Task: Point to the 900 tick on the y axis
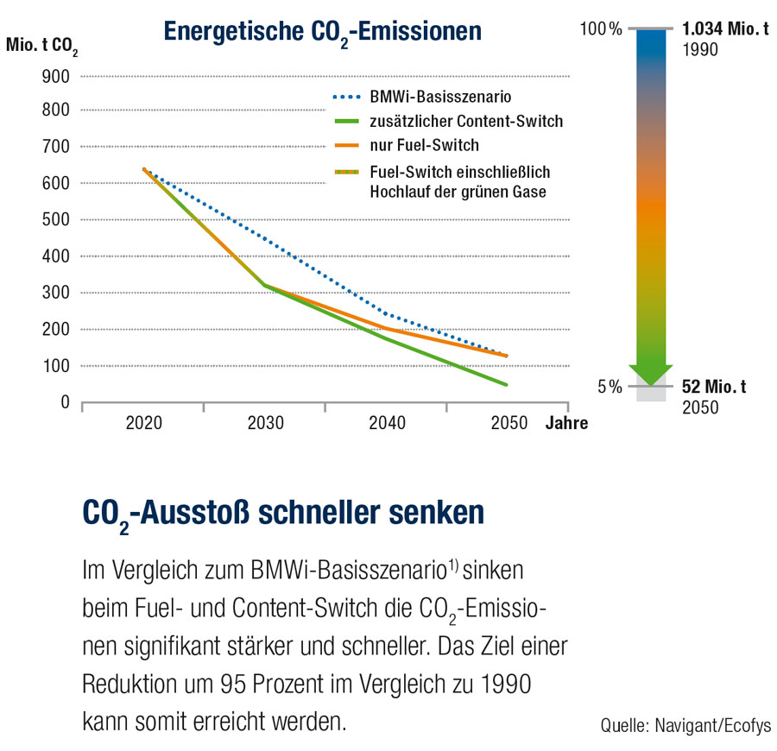(56, 75)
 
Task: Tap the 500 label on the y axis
(56, 220)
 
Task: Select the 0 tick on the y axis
(65, 402)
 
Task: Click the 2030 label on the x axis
(265, 424)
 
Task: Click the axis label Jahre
(566, 424)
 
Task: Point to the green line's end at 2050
(506, 384)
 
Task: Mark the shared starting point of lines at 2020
(144, 170)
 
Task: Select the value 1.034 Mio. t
(724, 30)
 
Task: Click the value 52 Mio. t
(714, 387)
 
